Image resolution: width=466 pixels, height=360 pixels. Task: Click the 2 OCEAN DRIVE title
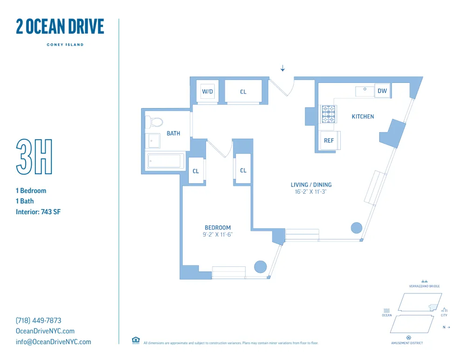click(x=60, y=27)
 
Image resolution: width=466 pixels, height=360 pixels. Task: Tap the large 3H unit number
click(x=34, y=157)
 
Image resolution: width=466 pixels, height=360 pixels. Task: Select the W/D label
click(x=207, y=92)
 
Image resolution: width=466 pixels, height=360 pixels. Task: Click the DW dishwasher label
click(x=382, y=91)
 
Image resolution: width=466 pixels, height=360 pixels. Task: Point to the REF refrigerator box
click(x=329, y=141)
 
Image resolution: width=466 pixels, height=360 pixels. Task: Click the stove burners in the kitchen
click(x=329, y=115)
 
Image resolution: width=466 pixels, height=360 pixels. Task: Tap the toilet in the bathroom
click(x=155, y=122)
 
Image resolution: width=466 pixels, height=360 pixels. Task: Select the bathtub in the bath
click(x=164, y=161)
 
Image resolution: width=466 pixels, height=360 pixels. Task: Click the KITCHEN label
click(x=363, y=116)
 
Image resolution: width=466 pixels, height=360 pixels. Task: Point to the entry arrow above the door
click(x=282, y=69)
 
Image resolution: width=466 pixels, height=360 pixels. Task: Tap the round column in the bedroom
click(x=260, y=267)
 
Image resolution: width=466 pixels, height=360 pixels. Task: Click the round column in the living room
click(x=356, y=228)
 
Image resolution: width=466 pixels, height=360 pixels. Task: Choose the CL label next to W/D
click(x=243, y=92)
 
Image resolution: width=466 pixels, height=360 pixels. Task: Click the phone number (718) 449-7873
click(x=39, y=320)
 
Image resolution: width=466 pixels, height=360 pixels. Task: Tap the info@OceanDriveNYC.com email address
click(x=54, y=342)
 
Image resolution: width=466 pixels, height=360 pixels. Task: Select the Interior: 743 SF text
click(x=38, y=212)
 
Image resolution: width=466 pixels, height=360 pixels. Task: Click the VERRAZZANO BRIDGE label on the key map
click(x=424, y=286)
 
